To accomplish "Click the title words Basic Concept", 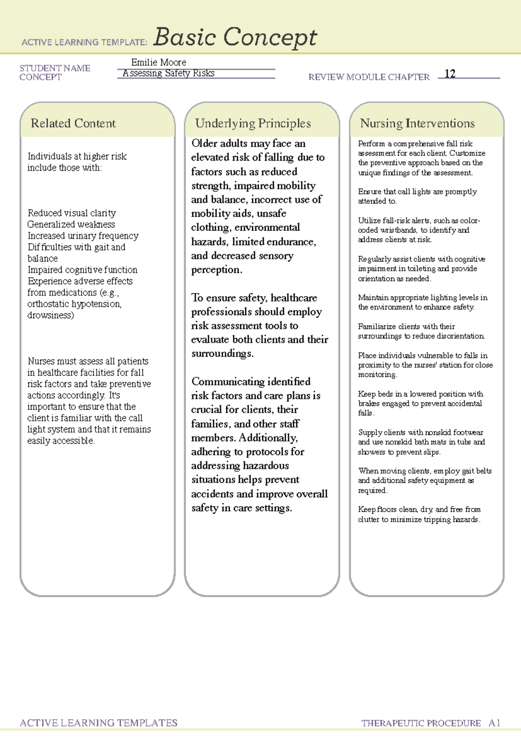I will point(235,37).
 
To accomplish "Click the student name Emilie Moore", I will point(158,62).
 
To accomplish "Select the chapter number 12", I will point(450,74).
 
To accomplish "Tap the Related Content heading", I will point(73,123).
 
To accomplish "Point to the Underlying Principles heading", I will point(253,123).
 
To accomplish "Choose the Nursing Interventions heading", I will point(417,123).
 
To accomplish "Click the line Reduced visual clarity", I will point(72,213).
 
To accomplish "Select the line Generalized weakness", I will point(71,224).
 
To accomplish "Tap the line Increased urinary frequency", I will point(83,236).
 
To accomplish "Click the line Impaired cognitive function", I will point(82,270).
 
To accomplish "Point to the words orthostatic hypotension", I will point(74,304).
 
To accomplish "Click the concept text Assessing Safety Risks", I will point(168,73).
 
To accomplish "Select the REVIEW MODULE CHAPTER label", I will point(369,77).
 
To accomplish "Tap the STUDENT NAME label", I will point(55,68).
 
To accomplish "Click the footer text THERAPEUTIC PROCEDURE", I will point(421,723).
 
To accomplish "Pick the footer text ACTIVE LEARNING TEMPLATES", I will point(99,723).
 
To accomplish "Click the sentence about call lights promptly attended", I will point(417,196).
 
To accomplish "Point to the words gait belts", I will point(477,471).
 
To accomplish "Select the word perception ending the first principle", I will point(216,270).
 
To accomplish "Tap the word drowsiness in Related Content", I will point(50,315).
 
